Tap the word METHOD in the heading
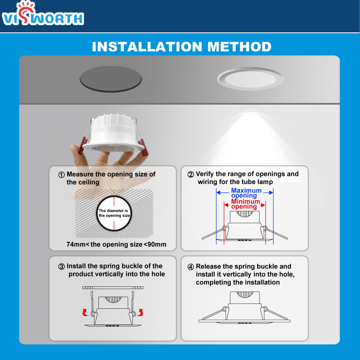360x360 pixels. [x=239, y=47]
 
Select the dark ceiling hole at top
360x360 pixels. [x=111, y=78]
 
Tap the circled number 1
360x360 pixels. [x=62, y=175]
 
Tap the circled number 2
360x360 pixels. [x=191, y=174]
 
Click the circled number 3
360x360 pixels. [x=62, y=266]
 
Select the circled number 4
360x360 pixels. [x=191, y=267]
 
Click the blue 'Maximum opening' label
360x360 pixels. [x=246, y=193]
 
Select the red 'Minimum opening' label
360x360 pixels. [x=245, y=204]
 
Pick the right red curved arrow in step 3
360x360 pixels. [x=141, y=312]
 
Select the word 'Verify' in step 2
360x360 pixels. [x=204, y=174]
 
